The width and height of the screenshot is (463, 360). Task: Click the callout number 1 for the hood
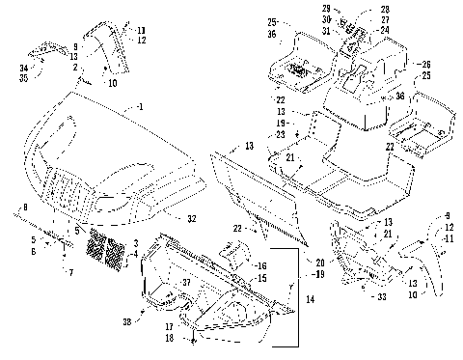pos(141,105)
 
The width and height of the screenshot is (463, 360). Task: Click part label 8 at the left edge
pos(26,208)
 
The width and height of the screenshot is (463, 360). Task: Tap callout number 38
pos(128,320)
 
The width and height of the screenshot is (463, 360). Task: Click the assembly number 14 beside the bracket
pos(312,301)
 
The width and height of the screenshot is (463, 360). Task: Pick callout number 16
pos(260,263)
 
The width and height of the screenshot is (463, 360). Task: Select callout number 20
pos(319,262)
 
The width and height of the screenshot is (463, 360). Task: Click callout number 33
pos(384,298)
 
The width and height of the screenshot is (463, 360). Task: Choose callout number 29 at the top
pos(326,9)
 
